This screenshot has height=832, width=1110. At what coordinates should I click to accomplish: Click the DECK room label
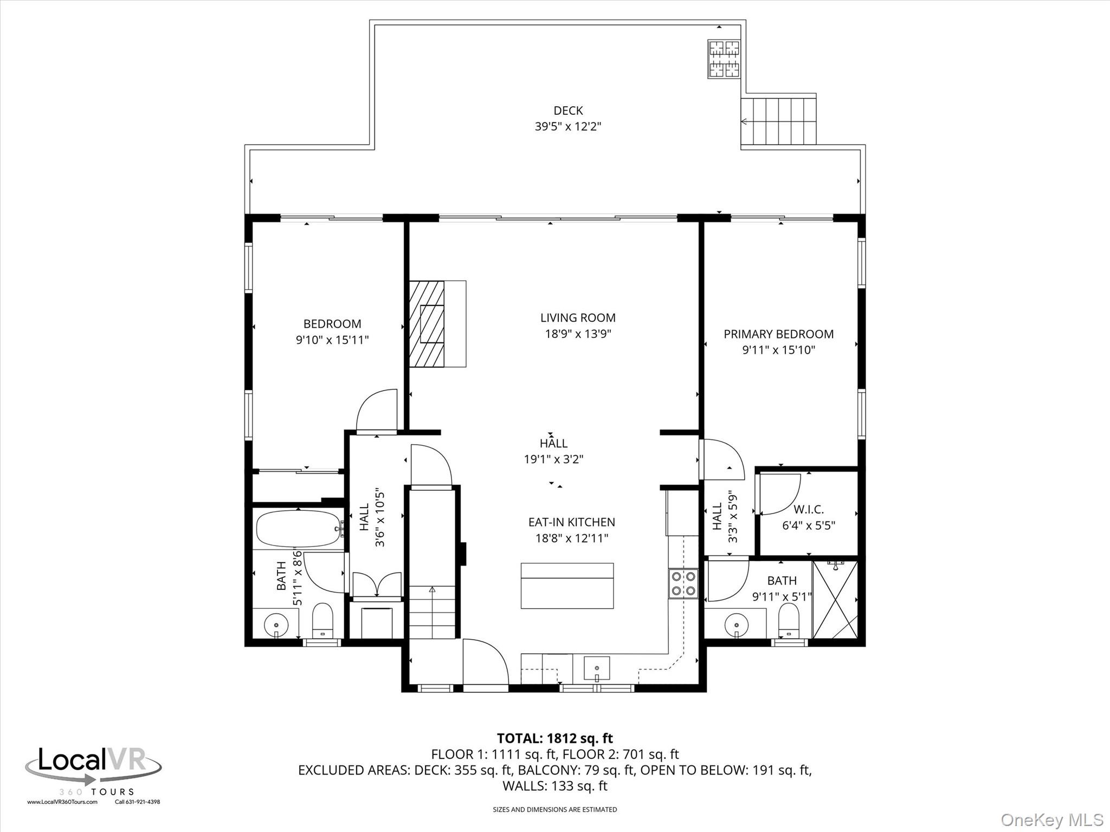tap(568, 110)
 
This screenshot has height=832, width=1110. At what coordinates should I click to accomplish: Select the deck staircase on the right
tap(778, 121)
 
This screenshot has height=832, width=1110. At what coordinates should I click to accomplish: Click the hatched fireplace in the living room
tap(427, 324)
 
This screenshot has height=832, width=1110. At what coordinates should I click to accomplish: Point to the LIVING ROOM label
tap(578, 318)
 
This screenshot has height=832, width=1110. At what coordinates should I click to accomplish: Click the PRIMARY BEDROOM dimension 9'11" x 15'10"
tap(778, 350)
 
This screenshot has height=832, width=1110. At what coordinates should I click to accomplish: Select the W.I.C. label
tap(808, 510)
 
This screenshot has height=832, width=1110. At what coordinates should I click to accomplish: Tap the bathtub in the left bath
tap(298, 529)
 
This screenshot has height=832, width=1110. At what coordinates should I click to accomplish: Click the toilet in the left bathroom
tap(323, 620)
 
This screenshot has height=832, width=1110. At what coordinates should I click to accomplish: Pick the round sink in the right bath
tap(736, 625)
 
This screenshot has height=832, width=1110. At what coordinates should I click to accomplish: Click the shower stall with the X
tap(835, 600)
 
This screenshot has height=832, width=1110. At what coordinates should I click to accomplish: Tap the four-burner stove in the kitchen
tap(683, 583)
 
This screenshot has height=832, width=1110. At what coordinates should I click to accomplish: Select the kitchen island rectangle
tap(567, 586)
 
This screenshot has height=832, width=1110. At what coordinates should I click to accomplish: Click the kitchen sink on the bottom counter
tap(596, 668)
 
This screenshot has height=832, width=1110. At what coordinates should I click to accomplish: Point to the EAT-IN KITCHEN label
tap(571, 522)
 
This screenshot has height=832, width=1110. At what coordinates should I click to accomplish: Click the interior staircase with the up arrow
tap(432, 612)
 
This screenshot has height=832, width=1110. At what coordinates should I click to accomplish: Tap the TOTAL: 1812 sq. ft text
tap(554, 738)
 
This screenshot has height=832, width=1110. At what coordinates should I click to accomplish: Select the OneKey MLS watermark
tap(1051, 820)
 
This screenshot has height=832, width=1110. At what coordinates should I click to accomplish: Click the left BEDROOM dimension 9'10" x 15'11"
tap(332, 340)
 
